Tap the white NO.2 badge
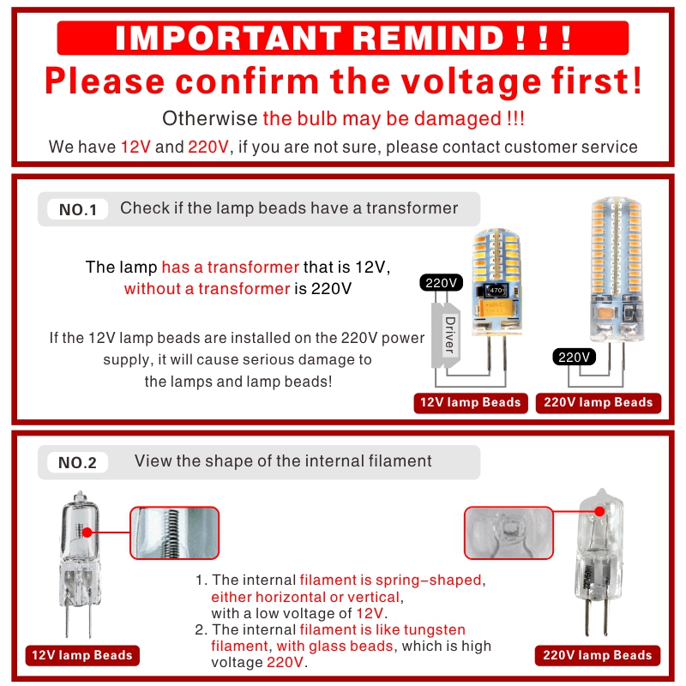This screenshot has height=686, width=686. [77, 463]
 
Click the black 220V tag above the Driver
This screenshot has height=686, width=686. [442, 282]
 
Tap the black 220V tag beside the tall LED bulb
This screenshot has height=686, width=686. [573, 357]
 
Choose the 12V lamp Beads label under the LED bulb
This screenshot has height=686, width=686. [470, 402]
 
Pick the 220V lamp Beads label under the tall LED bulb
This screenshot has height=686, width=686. [598, 402]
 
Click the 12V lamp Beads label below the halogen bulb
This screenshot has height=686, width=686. [82, 655]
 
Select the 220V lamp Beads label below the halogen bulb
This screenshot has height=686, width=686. [598, 655]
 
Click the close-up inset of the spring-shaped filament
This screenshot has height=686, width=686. [175, 533]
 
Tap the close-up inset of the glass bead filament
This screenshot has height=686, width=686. [508, 533]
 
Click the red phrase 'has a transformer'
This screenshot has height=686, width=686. [230, 268]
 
